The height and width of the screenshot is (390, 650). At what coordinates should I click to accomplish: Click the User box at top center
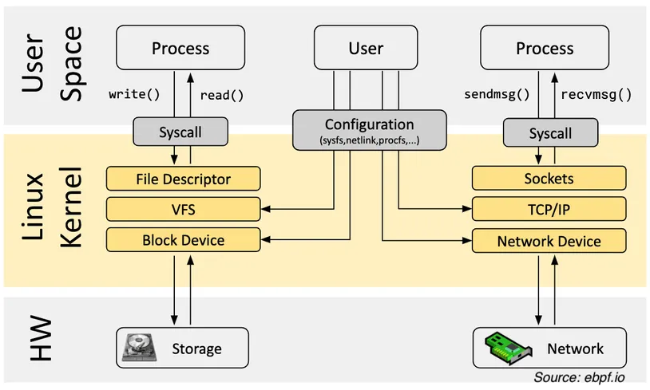point(366,48)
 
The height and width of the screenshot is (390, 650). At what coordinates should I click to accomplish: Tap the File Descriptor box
point(183,179)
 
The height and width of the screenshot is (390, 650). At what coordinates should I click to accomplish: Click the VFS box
point(183,210)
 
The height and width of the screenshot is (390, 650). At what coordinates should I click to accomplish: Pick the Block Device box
point(183,240)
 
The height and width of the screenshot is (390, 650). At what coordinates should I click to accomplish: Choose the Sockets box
point(549,179)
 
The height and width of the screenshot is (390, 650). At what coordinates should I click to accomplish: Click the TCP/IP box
point(549,210)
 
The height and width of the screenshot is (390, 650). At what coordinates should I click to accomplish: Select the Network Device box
point(549,241)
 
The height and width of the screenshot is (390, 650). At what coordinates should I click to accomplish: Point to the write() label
point(134,94)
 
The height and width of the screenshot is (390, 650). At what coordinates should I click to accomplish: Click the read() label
point(221,95)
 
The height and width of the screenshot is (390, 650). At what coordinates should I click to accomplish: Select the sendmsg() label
point(497,94)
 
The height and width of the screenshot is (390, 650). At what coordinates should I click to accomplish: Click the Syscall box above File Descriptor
point(180,132)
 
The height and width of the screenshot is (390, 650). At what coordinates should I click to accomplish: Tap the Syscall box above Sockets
point(550,133)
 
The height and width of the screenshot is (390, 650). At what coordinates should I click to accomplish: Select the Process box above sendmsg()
point(545,48)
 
